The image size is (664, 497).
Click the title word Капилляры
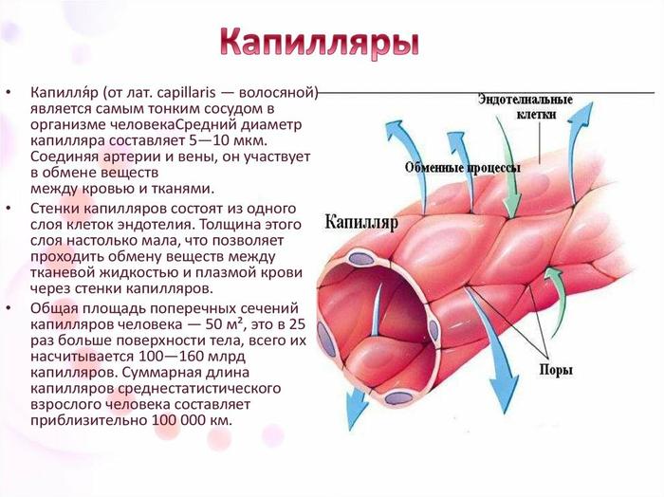click(x=320, y=43)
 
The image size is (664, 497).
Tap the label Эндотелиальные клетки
click(x=526, y=106)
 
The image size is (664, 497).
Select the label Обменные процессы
click(x=463, y=168)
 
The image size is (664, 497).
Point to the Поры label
click(x=556, y=370)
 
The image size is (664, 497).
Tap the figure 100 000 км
click(x=192, y=421)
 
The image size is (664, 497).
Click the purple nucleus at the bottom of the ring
click(x=398, y=398)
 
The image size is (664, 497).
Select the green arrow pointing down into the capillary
click(x=509, y=170)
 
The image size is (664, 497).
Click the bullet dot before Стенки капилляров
click(x=9, y=209)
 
